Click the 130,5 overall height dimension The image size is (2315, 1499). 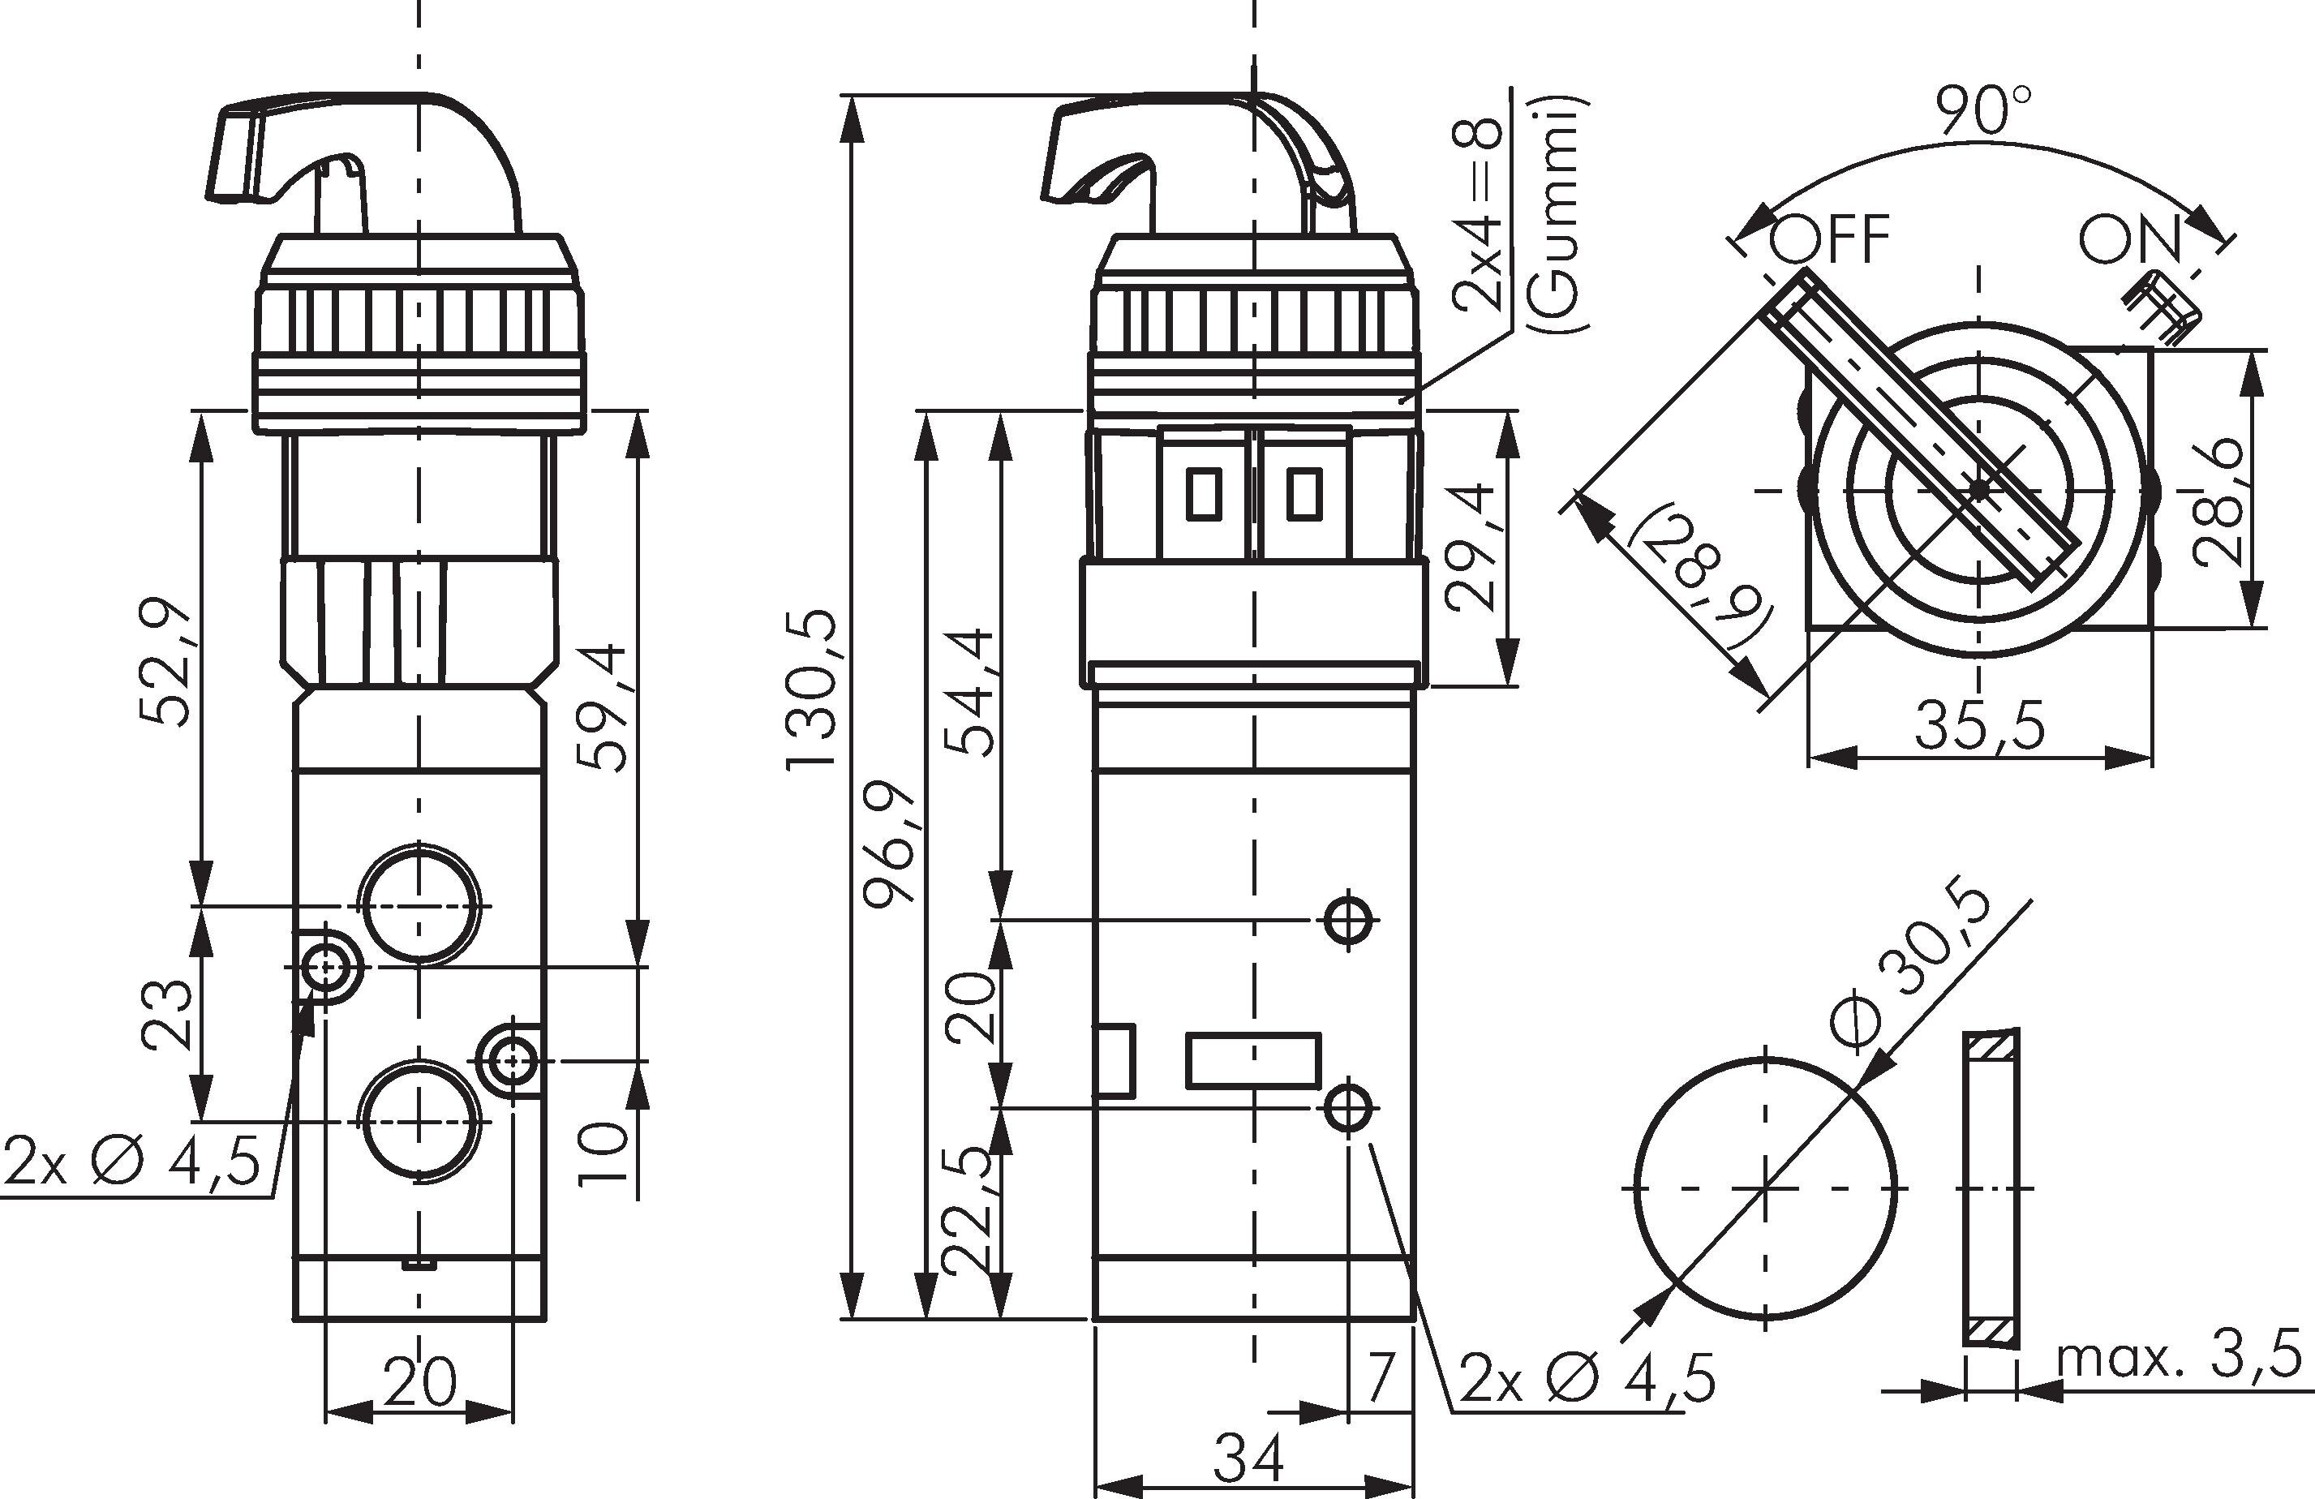coord(810,689)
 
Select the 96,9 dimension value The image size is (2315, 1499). coord(889,844)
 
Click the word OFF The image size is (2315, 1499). coord(1831,239)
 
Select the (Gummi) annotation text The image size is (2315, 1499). coord(1558,216)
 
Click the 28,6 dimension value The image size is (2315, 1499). coord(2218,504)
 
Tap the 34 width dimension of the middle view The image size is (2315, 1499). coord(1249,1456)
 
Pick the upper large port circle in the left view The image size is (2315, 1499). coord(420,904)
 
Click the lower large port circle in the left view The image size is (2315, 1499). coord(420,1122)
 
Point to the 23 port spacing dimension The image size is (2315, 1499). coord(165,1015)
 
